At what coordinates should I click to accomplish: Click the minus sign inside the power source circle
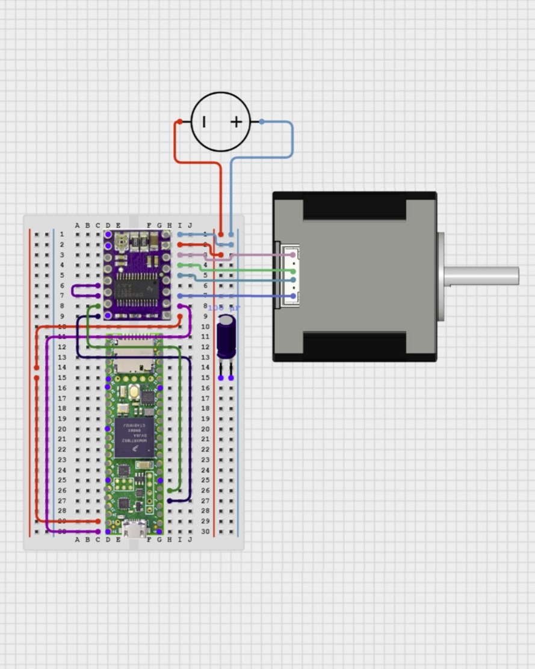click(x=204, y=122)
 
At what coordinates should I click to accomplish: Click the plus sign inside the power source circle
click(x=237, y=122)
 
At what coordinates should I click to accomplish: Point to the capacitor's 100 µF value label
click(x=224, y=308)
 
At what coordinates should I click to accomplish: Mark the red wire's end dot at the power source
click(x=179, y=122)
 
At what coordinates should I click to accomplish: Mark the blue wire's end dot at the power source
click(x=262, y=122)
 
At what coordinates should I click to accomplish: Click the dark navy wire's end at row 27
click(x=170, y=500)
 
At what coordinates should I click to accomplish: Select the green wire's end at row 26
click(x=170, y=490)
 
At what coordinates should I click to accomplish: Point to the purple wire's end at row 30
click(x=98, y=532)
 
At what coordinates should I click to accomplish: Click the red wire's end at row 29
click(x=98, y=521)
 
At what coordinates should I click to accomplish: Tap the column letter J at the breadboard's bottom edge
click(x=190, y=540)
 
